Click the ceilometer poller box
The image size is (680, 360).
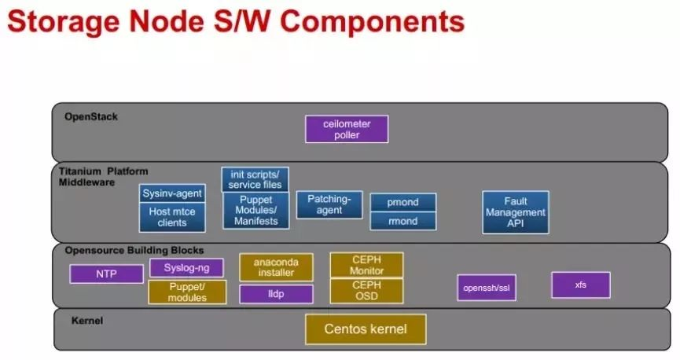[x=347, y=129]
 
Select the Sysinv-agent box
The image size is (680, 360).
[x=172, y=193]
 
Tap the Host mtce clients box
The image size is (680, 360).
[x=172, y=217]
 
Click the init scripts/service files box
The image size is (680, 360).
[x=255, y=179]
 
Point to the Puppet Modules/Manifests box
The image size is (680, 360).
[x=255, y=211]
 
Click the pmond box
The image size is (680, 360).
[x=402, y=202]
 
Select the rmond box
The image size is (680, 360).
[x=402, y=221]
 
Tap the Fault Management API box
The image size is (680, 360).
[x=515, y=212]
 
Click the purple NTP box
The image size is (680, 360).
[x=106, y=274]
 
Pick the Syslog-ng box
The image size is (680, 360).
[x=187, y=268]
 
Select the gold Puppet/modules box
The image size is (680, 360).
[x=187, y=292]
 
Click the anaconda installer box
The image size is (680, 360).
[x=275, y=267]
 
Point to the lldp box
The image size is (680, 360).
[x=275, y=294]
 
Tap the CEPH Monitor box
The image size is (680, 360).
[x=366, y=265]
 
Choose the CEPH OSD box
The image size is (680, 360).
[x=366, y=290]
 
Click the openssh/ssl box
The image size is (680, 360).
[x=487, y=288]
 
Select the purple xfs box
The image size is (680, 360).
[x=580, y=285]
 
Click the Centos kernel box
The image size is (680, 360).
[x=366, y=329]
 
